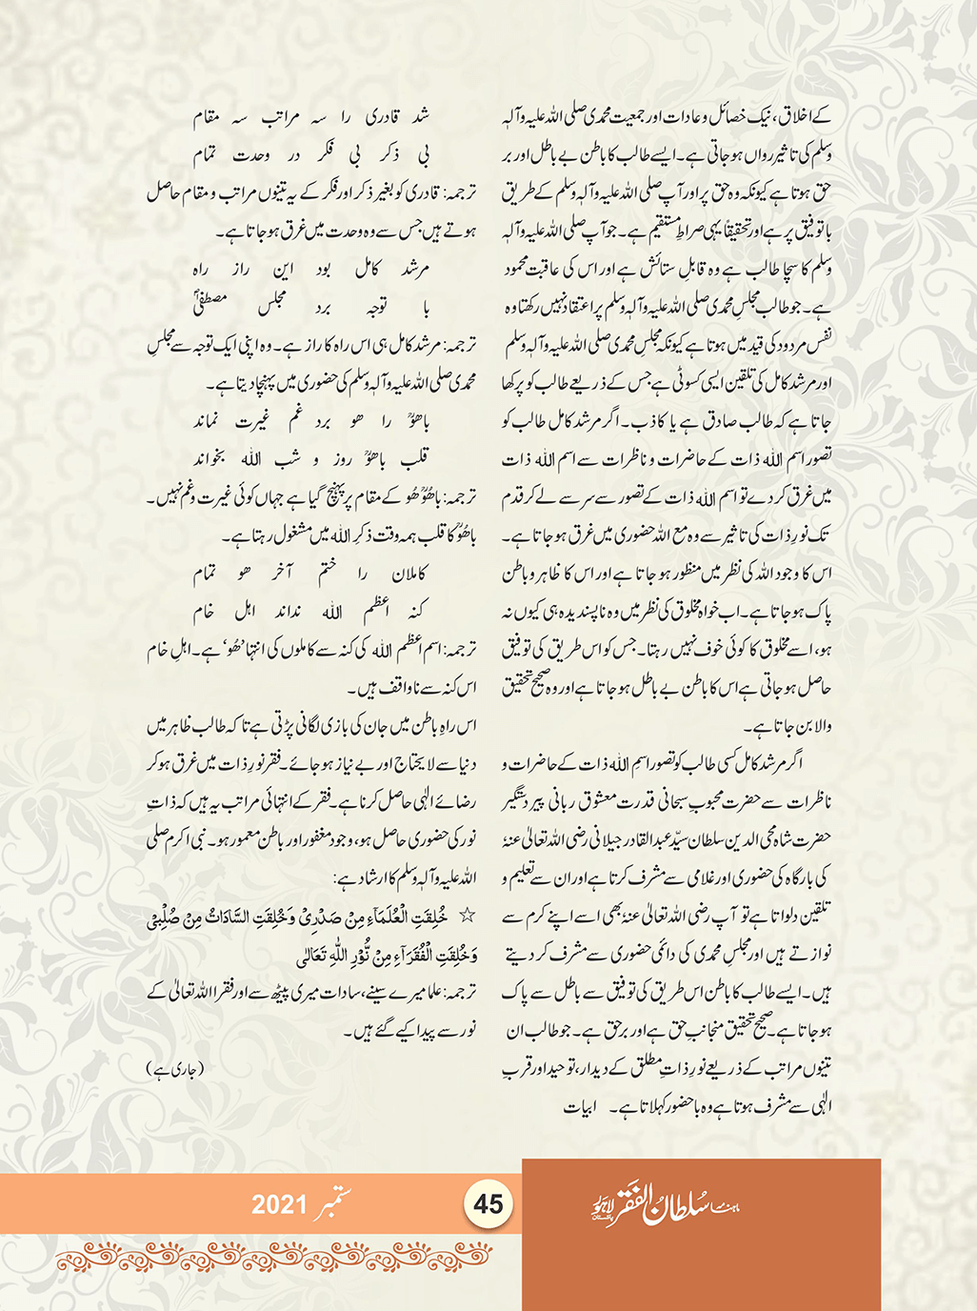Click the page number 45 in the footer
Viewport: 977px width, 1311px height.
(488, 1204)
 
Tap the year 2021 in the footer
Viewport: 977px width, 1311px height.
(279, 1204)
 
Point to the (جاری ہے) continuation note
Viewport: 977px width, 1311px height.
(175, 1069)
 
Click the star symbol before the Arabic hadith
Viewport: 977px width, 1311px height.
(467, 916)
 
